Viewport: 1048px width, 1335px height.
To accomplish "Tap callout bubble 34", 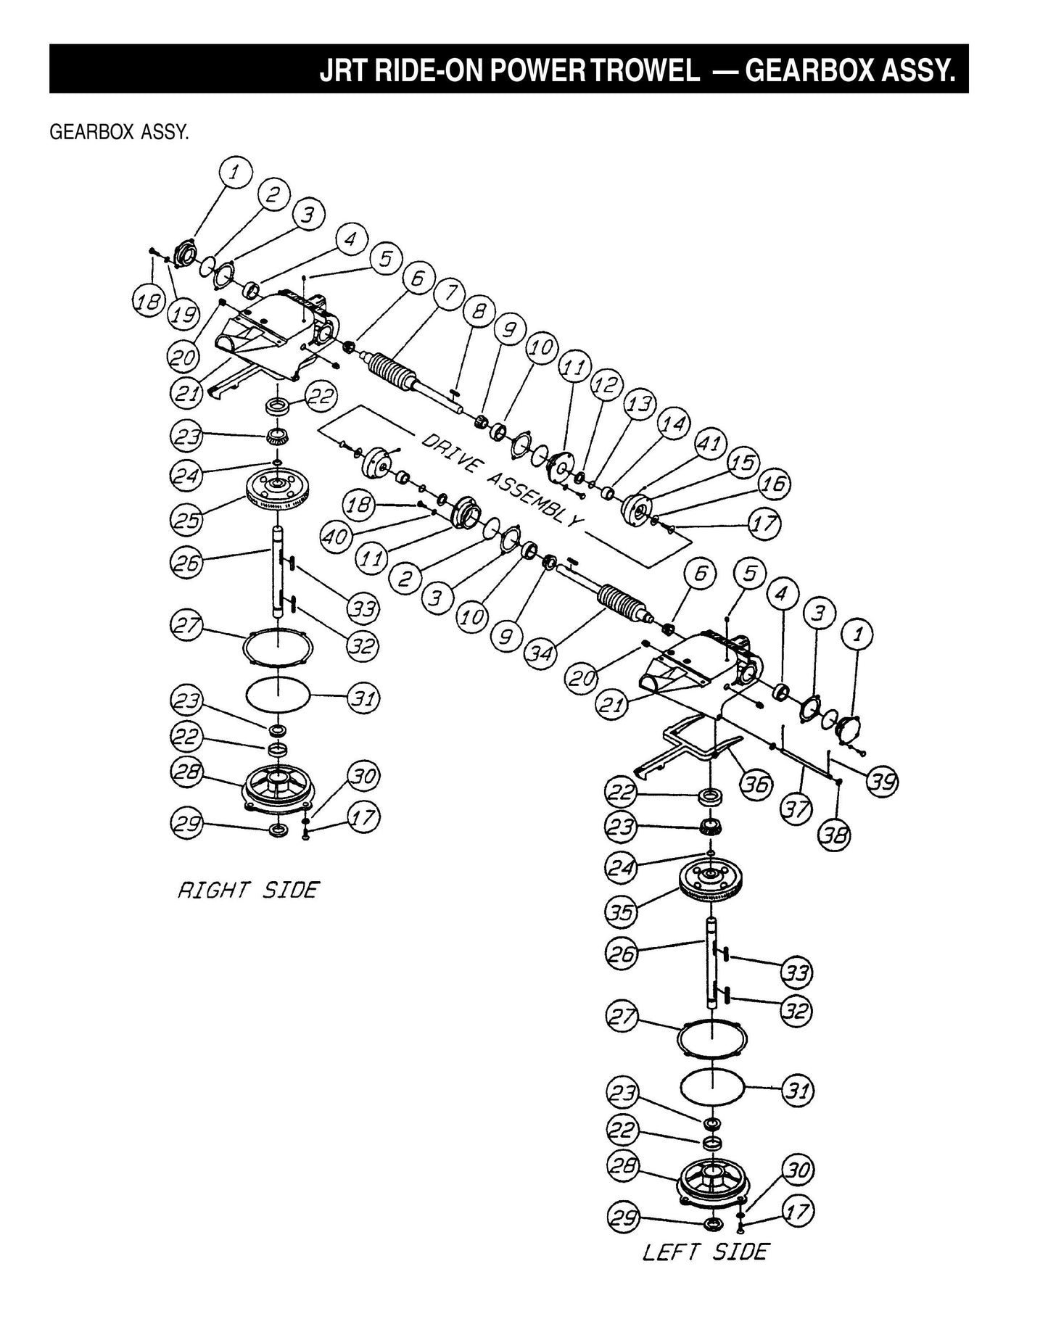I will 542,654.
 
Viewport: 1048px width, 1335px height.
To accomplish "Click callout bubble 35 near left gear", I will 622,912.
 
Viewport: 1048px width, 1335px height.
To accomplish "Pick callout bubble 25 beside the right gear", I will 186,519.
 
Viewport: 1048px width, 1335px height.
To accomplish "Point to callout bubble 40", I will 337,537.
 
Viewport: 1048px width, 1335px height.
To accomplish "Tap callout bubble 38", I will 834,837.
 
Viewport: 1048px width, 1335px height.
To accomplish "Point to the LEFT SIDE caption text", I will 704,1252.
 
